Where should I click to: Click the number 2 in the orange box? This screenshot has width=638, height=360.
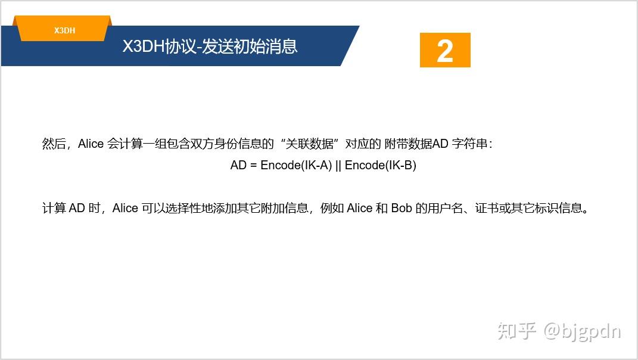click(445, 51)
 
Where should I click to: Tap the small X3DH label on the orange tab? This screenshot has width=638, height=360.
click(64, 30)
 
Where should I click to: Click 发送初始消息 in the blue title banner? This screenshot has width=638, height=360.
click(250, 46)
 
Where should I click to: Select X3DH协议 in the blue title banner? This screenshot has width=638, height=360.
click(159, 46)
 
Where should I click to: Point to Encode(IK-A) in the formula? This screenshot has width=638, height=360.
click(296, 165)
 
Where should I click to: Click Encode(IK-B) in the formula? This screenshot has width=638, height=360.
click(380, 165)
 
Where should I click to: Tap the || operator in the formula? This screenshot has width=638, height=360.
click(338, 165)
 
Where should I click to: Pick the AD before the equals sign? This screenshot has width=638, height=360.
click(238, 165)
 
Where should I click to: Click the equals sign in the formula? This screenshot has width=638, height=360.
click(253, 165)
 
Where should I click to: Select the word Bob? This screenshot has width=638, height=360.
click(402, 208)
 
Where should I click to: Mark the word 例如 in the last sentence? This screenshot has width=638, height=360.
click(333, 208)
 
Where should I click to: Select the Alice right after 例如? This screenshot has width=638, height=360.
click(360, 208)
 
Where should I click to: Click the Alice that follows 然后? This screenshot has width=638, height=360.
click(91, 144)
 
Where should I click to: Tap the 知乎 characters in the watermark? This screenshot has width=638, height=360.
click(517, 331)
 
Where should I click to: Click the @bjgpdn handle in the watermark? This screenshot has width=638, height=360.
click(582, 331)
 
